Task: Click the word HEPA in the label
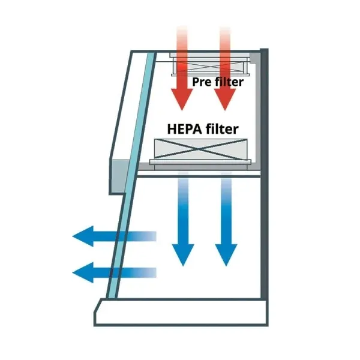(185, 129)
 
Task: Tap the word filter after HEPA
(222, 129)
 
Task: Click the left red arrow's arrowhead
(182, 99)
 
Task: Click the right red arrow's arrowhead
(225, 99)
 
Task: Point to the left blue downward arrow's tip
(183, 266)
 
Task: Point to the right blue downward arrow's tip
(226, 266)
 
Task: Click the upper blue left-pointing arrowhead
(83, 236)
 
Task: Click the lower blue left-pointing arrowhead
(83, 272)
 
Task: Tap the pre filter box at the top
(209, 65)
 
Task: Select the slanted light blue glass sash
(132, 175)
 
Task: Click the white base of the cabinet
(181, 312)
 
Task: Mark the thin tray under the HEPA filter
(200, 162)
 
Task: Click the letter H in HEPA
(172, 129)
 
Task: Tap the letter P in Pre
(195, 82)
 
